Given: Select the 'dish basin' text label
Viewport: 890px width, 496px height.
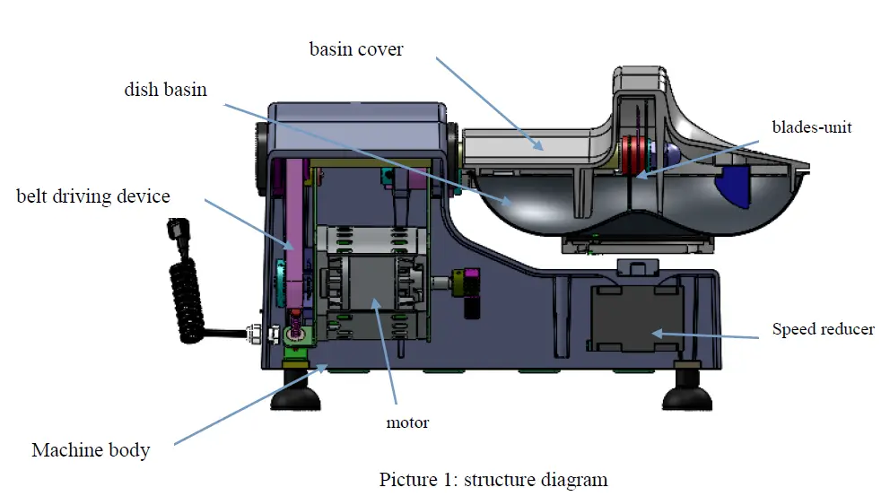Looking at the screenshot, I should [165, 90].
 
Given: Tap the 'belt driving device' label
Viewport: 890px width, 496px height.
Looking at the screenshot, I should [93, 196].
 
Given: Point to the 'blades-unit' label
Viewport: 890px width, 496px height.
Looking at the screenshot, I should [812, 127].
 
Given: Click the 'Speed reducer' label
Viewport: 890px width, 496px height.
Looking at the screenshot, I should [823, 329].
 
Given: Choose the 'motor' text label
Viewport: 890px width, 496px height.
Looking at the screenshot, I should [407, 422].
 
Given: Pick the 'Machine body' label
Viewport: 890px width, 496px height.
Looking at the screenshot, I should [91, 450].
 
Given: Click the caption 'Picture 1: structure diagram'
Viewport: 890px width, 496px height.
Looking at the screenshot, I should [493, 479].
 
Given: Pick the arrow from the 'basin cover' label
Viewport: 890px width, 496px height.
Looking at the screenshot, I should [490, 103].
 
